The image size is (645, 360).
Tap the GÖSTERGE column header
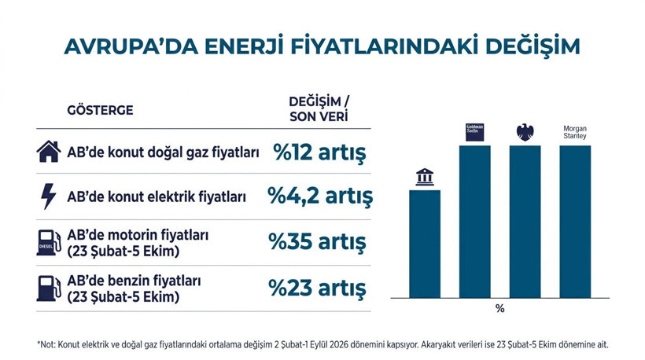tap(100, 110)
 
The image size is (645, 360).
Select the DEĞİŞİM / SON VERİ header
tap(319, 109)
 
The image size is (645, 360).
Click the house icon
tap(49, 152)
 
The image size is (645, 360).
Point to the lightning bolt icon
tap(49, 197)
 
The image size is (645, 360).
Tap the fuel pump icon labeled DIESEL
tap(49, 242)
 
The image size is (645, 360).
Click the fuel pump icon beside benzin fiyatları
tap(49, 288)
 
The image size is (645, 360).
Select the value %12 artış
tap(319, 152)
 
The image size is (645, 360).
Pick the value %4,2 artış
tap(320, 196)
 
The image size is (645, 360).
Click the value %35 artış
tap(317, 241)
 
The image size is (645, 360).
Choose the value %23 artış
tap(317, 288)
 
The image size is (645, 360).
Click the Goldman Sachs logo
tap(474, 132)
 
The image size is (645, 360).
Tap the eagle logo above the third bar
tap(525, 132)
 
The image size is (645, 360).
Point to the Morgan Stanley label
tap(575, 132)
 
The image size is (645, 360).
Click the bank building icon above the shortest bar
tap(425, 177)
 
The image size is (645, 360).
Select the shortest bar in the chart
tap(425, 244)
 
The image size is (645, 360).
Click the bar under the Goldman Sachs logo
tap(474, 222)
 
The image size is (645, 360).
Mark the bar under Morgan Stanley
tap(575, 222)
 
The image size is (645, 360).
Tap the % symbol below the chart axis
tap(499, 308)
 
